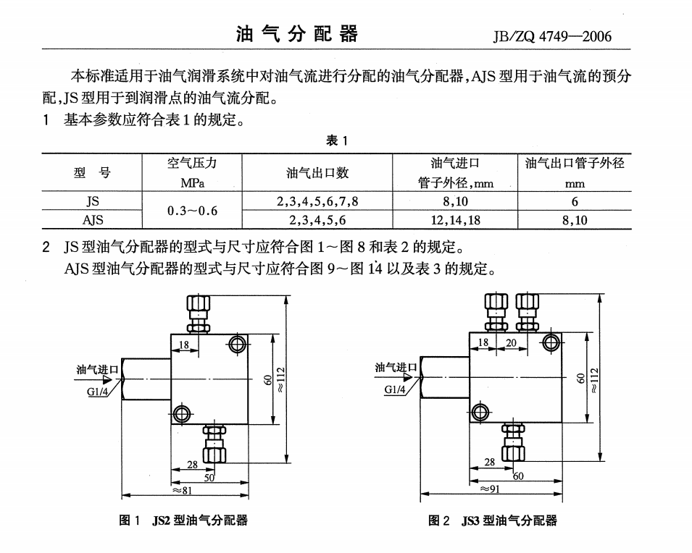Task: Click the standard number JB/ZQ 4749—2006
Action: pos(552,36)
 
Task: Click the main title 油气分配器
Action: pos(296,34)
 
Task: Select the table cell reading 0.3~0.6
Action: pos(193,211)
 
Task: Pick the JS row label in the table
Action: pos(92,201)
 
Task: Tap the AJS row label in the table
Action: pos(93,219)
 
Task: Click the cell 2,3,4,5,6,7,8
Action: pos(317,201)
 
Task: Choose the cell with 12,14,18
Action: pos(456,220)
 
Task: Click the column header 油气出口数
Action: pos(317,173)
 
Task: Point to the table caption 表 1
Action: pos(337,140)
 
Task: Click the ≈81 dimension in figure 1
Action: pos(182,490)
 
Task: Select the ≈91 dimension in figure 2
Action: pos(489,489)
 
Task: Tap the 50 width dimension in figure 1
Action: pos(209,478)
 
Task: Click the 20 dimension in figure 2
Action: pos(511,342)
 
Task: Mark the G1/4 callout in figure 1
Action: pos(97,392)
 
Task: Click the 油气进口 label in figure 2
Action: pos(396,368)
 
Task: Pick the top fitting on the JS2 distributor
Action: pos(198,314)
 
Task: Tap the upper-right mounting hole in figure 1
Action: pos(238,344)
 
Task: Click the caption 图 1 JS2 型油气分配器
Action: pos(183,520)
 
